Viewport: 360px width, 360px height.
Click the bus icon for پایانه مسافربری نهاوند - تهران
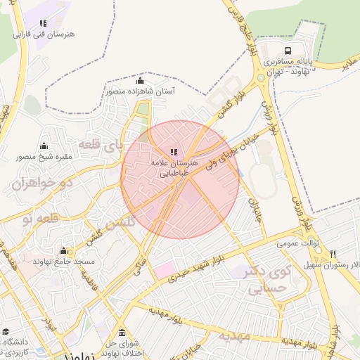(288, 51)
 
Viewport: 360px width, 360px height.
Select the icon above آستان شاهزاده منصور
(139, 80)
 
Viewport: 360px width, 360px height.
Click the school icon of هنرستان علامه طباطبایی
(174, 151)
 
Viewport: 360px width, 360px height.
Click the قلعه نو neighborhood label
(37, 220)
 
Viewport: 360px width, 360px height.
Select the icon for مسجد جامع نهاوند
(63, 251)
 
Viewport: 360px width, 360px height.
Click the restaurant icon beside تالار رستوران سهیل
(333, 254)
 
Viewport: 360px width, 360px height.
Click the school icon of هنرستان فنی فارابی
(44, 23)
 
